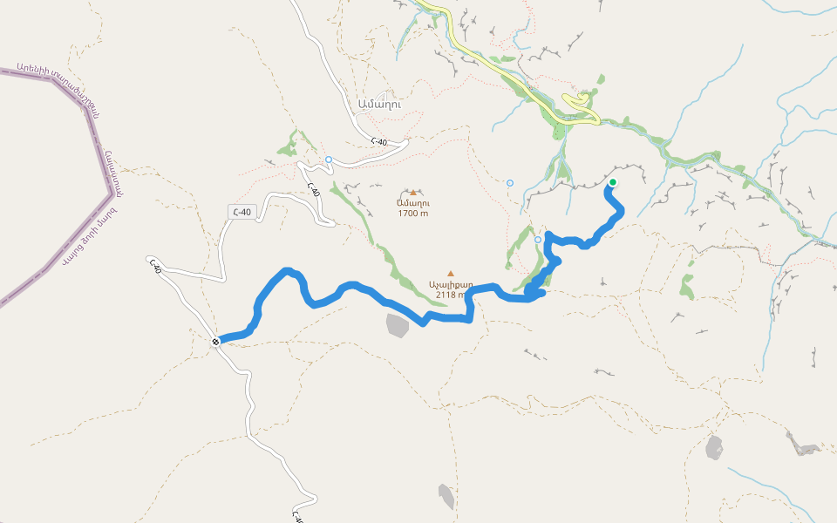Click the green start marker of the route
point(612,182)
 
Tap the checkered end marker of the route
point(215,342)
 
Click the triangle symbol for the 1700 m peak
point(413,192)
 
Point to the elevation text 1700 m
point(412,213)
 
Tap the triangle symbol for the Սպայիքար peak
point(451,273)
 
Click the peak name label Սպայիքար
point(450,284)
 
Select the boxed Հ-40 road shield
point(242,212)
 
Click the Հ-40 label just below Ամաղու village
point(378,141)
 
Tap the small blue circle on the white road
point(329,160)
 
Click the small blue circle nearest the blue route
point(538,240)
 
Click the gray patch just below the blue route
point(397,325)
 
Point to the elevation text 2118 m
point(450,295)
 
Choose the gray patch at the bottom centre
point(446,496)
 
